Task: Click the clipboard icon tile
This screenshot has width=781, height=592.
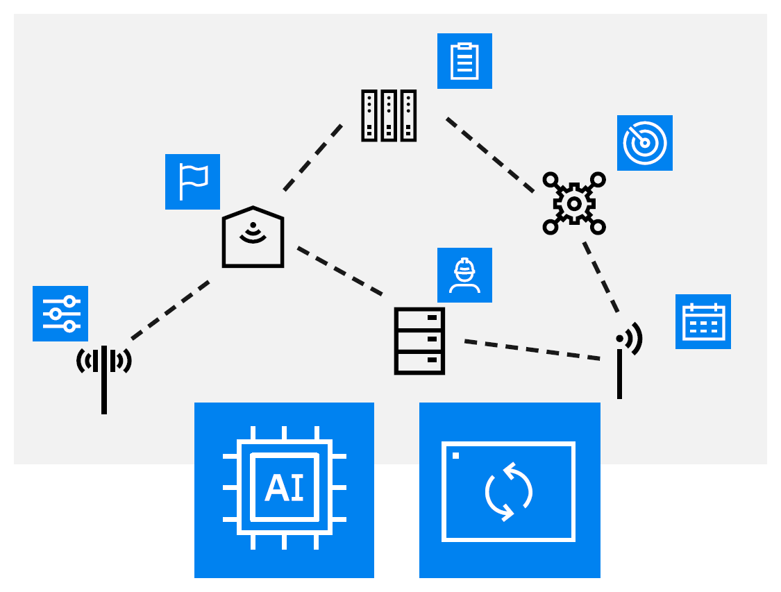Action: point(464,61)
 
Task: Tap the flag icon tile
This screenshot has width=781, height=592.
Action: point(192,182)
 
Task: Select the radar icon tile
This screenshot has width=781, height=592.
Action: point(644,143)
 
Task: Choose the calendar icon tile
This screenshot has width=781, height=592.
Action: point(703,321)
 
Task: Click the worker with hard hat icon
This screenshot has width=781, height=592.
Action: point(464,275)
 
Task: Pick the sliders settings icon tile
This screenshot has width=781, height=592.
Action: point(60,314)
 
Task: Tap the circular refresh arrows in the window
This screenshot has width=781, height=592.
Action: point(509,491)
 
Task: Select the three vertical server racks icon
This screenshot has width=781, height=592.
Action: point(389,116)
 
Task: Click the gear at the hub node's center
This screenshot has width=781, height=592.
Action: point(574,203)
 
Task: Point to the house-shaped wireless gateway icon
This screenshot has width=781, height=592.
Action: point(253,237)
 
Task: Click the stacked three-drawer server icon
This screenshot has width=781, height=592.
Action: point(419,341)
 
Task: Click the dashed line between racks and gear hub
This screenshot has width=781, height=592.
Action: point(489,154)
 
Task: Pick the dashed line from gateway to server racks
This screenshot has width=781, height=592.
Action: point(313,157)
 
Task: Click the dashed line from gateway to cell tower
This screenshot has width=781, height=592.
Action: point(170,310)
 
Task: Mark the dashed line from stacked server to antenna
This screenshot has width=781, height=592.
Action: point(532,350)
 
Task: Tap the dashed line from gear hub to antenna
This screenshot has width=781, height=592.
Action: point(601,277)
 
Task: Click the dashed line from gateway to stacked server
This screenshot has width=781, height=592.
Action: point(339,271)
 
